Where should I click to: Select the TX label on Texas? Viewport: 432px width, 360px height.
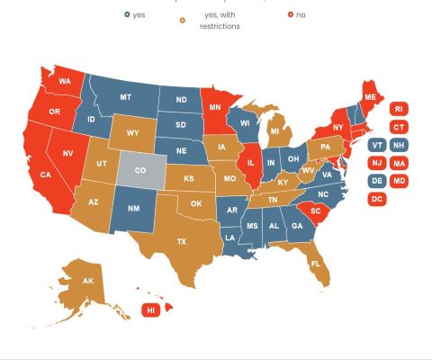(181, 241)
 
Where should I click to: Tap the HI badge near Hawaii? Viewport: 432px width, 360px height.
(150, 310)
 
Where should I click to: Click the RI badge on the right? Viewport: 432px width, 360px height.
(399, 108)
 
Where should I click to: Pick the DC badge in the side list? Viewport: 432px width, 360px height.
(378, 198)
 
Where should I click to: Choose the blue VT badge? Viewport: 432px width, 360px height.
(378, 145)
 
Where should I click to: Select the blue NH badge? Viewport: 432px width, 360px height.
(399, 145)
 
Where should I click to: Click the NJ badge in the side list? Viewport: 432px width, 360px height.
(378, 163)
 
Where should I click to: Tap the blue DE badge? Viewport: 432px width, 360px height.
(378, 181)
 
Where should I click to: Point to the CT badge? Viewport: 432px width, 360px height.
(399, 127)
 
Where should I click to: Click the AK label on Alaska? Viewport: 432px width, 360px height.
(88, 282)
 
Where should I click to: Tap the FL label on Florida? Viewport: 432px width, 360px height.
(315, 264)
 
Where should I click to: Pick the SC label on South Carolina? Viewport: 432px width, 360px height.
(315, 211)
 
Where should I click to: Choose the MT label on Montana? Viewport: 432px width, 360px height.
(127, 96)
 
